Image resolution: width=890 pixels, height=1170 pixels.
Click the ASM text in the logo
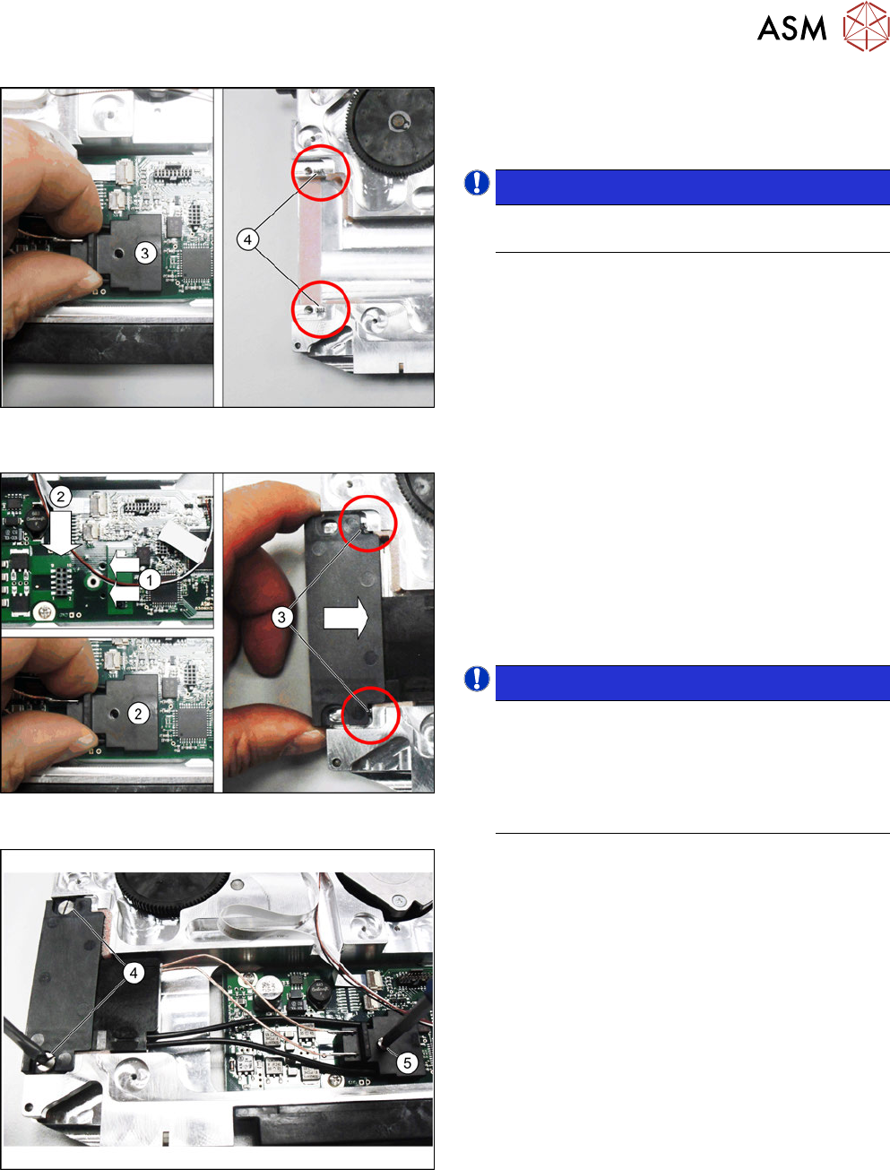[791, 29]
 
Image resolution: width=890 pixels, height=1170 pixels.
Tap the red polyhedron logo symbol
[866, 27]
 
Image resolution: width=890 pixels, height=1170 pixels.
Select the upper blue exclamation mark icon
[477, 182]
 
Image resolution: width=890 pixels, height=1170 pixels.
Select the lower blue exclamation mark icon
[477, 679]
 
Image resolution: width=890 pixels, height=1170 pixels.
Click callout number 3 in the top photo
[145, 253]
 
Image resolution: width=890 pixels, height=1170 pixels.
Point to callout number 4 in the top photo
[247, 240]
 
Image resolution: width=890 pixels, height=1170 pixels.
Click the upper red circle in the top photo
[321, 173]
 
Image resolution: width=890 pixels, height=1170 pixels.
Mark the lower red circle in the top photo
[321, 309]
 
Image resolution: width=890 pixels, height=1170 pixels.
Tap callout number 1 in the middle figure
[150, 580]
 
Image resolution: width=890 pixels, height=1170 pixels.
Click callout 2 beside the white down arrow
[61, 497]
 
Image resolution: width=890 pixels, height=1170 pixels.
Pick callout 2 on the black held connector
[139, 713]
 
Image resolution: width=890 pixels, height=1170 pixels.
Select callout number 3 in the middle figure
[281, 617]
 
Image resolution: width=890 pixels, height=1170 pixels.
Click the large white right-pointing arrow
[346, 618]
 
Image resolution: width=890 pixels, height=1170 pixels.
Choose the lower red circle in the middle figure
[370, 715]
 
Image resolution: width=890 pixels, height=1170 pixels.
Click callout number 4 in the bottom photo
[134, 974]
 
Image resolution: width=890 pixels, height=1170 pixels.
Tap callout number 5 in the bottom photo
[407, 1062]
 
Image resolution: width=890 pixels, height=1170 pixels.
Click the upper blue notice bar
[693, 187]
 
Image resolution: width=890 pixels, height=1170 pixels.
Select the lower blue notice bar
[693, 683]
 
